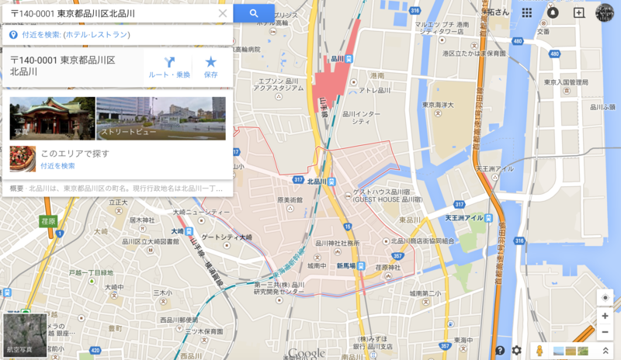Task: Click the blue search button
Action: click(254, 13)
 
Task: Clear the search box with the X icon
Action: click(223, 13)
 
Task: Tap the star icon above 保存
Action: click(210, 62)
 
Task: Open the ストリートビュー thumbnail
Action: click(161, 118)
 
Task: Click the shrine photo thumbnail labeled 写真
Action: click(52, 118)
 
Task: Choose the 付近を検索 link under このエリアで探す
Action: click(57, 165)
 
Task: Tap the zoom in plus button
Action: click(605, 316)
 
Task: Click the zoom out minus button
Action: click(605, 332)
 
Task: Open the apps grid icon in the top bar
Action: click(527, 12)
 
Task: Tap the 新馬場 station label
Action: click(346, 265)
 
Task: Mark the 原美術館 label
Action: click(290, 199)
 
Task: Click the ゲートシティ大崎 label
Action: click(227, 237)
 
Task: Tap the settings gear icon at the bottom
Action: click(516, 351)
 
